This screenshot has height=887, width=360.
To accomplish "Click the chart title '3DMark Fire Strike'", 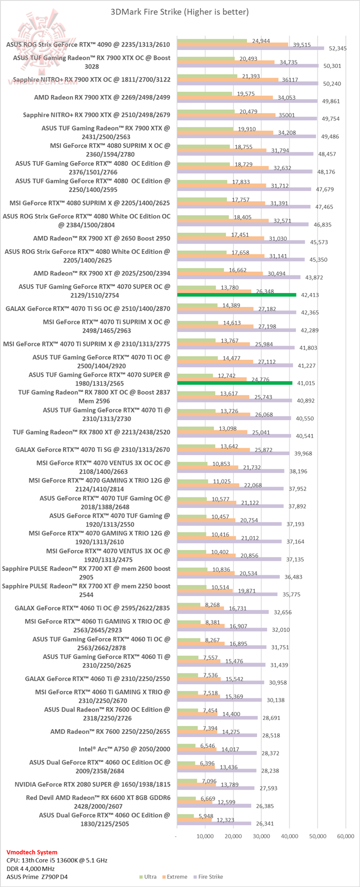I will coord(179,11).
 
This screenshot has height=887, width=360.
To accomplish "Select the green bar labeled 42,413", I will coord(236,295).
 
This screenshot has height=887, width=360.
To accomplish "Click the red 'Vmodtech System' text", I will coord(32,852).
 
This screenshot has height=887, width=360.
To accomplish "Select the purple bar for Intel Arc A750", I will coord(216,753).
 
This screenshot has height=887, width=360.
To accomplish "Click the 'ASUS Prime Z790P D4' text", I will coord(33,876).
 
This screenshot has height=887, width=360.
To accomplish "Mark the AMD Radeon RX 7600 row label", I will coord(110,731).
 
